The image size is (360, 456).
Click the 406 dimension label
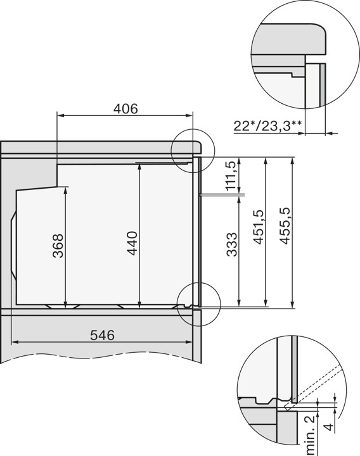click(x=125, y=108)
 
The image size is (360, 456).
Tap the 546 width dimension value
click(x=102, y=335)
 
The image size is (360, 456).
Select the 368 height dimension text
click(x=58, y=246)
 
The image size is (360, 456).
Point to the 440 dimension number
click(x=132, y=243)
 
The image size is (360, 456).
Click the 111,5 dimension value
click(x=231, y=175)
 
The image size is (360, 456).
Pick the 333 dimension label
click(x=232, y=244)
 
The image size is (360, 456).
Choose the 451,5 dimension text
click(x=258, y=227)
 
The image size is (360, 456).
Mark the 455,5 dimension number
click(x=285, y=225)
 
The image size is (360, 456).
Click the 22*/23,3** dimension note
click(x=267, y=127)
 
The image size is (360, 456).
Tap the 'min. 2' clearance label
click(x=311, y=435)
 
